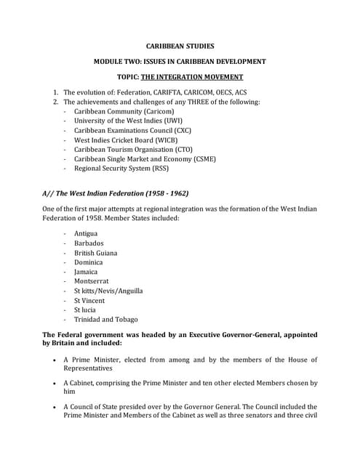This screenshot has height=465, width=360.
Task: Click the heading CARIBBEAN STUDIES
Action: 180,46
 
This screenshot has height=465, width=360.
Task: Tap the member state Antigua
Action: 86,234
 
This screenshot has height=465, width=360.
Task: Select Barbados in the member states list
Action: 89,243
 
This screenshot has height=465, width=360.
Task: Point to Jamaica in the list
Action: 86,272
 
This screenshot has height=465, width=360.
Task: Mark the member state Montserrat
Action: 91,281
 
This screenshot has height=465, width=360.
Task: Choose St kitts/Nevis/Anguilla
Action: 108,291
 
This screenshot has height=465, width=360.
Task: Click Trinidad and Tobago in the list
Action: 105,319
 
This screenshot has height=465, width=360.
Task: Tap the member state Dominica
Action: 88,262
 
